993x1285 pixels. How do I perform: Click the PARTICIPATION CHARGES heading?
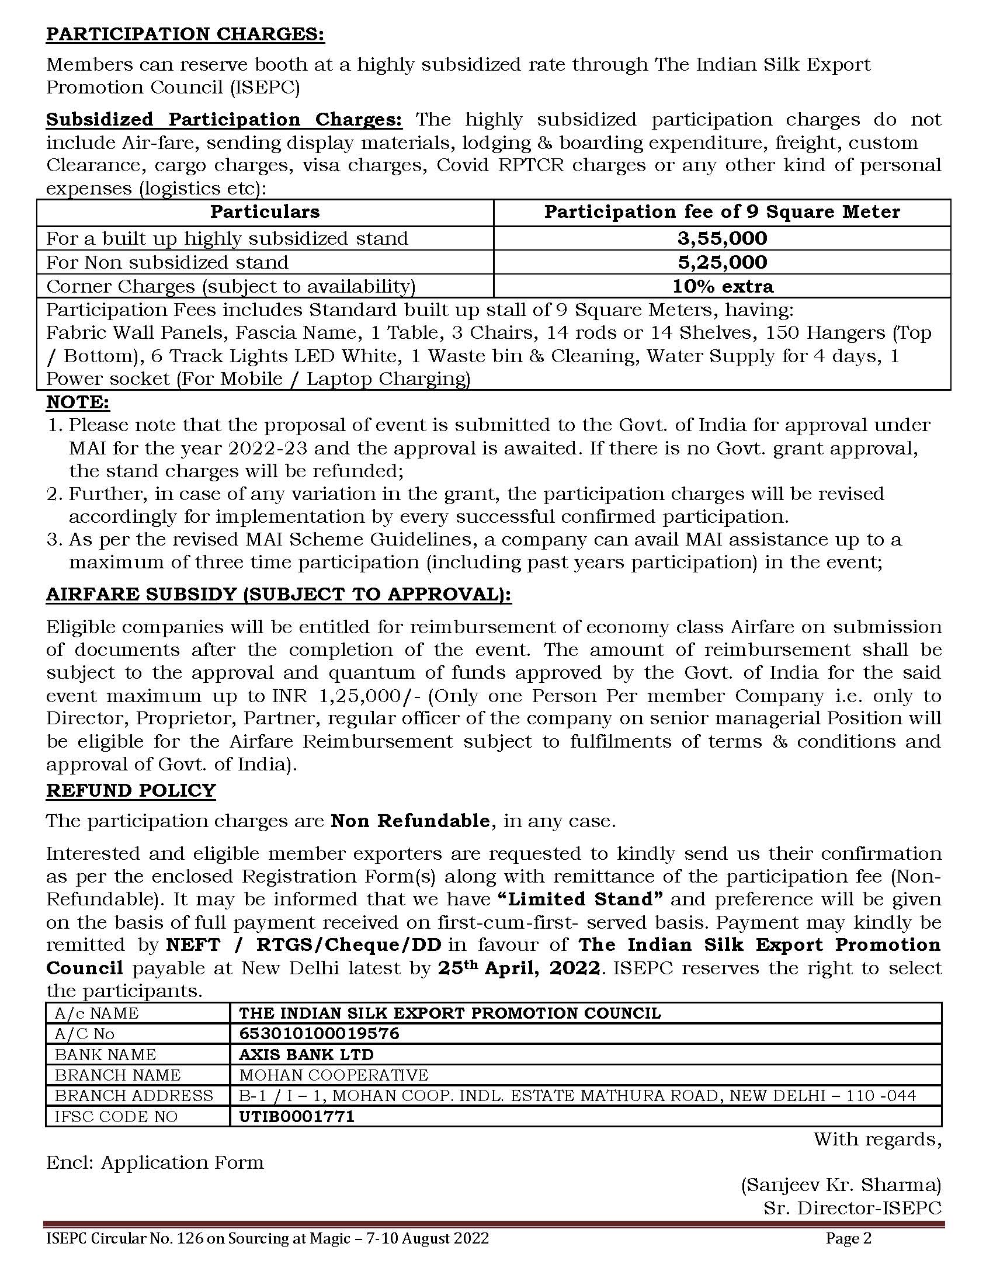point(185,34)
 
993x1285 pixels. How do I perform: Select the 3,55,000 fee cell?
point(722,238)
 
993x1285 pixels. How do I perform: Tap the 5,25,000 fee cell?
point(722,262)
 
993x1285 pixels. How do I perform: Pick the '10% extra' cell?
point(723,287)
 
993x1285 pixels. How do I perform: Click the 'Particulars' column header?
point(265,212)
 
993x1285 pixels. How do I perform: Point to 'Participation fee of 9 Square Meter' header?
point(722,212)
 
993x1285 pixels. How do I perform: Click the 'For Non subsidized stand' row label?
point(167,262)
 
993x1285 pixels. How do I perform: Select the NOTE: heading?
point(78,402)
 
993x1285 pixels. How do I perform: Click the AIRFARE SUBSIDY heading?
point(279,594)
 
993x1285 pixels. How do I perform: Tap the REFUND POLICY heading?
point(131,790)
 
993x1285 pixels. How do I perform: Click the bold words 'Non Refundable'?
point(410,821)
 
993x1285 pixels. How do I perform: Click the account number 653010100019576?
point(319,1034)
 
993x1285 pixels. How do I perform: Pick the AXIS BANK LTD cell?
point(306,1054)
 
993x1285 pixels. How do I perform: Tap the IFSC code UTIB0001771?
point(297,1116)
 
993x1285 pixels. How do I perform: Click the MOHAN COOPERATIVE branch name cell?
point(334,1075)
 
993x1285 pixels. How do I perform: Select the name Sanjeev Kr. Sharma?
point(841,1185)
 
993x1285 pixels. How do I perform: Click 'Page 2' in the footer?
point(848,1238)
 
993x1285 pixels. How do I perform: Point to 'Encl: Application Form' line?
point(155,1162)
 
